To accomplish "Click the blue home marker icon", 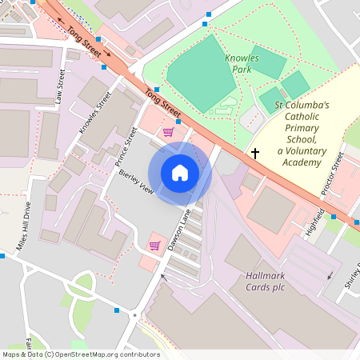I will [180, 173].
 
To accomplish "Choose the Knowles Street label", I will [95, 113].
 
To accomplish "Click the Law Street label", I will [60, 88].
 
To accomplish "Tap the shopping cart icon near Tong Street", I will [168, 132].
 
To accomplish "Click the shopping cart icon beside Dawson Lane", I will [154, 246].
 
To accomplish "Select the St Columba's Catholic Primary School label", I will [302, 134].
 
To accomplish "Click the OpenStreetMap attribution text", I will [80, 354].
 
